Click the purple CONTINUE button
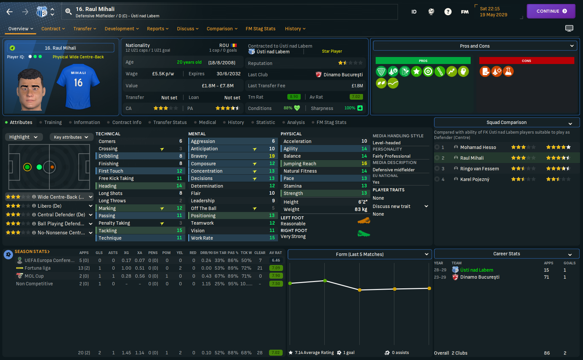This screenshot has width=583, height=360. click(551, 11)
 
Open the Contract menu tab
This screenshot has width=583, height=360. click(53, 29)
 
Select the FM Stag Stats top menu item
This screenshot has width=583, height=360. click(260, 29)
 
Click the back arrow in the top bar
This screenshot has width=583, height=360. click(10, 12)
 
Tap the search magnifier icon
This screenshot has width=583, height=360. click(68, 12)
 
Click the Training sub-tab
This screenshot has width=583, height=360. click(53, 122)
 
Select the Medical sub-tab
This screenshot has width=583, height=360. click(207, 122)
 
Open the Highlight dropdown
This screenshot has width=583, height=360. click(23, 137)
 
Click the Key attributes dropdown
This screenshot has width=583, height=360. click(71, 137)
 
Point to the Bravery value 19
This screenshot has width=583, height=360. click(272, 156)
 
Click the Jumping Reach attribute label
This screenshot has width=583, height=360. click(300, 164)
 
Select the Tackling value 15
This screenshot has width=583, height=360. click(179, 231)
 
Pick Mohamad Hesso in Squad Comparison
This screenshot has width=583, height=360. click(478, 147)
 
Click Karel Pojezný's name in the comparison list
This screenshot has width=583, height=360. click(475, 179)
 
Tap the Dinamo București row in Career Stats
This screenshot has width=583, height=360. click(480, 277)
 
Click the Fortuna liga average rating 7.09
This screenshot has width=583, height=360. click(276, 268)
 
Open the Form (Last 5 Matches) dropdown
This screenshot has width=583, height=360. click(360, 254)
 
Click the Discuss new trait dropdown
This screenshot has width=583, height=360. click(400, 206)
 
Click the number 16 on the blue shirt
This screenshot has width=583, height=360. click(78, 83)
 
